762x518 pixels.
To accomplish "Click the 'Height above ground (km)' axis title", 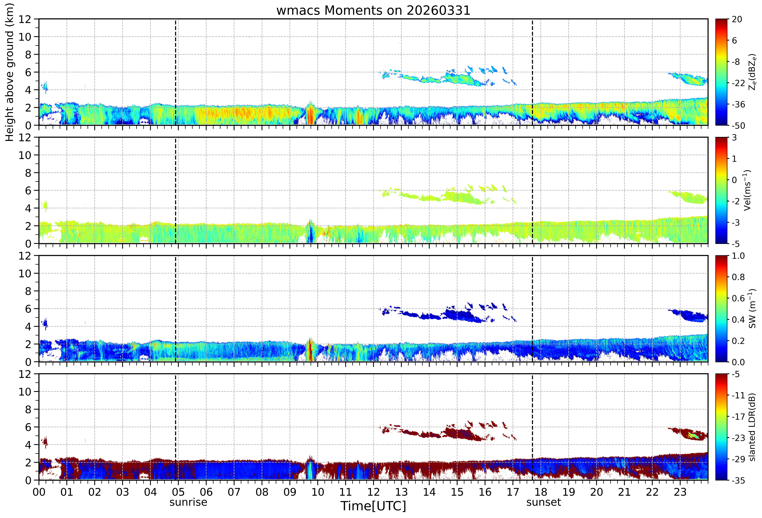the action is click(10, 72).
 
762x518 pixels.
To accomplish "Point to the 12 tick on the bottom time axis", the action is click(373, 492).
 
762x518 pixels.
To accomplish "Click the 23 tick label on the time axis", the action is click(680, 492).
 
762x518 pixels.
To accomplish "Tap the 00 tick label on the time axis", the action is click(39, 492).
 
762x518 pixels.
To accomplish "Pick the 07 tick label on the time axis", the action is click(234, 492).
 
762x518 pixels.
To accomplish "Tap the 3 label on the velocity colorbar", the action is click(734, 138).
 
